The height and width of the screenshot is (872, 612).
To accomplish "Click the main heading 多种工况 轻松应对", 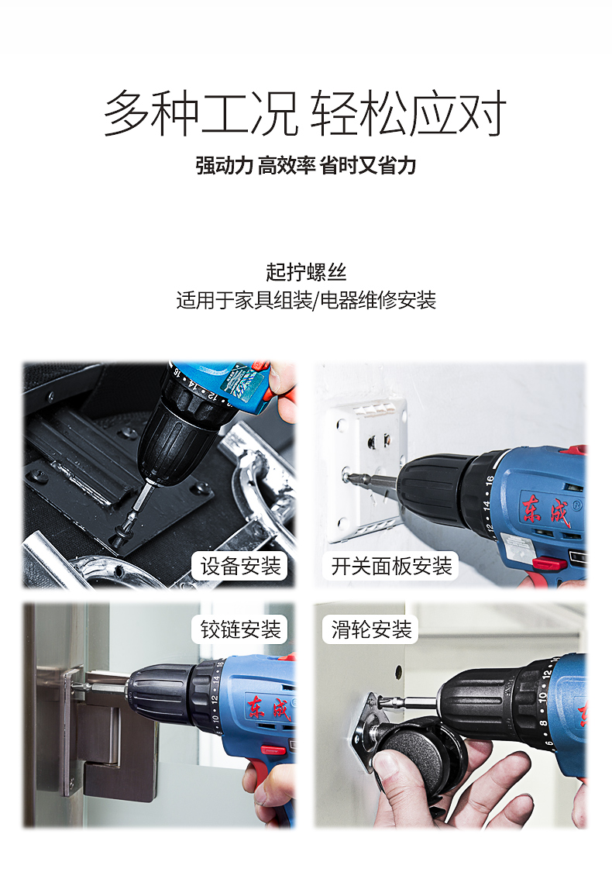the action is coord(305,113).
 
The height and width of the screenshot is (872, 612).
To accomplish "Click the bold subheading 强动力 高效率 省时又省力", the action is coord(306,166).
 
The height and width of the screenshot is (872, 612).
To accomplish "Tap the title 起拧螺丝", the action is coord(306,272).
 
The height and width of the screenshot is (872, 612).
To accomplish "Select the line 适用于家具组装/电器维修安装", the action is coord(306,300).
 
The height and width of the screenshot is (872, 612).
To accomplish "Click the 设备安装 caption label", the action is coord(240,566).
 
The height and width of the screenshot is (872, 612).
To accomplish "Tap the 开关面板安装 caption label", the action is coord(391,566).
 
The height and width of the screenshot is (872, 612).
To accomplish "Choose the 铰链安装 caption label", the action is coord(240,629).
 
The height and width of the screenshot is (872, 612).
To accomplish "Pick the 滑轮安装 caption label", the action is coord(371,629).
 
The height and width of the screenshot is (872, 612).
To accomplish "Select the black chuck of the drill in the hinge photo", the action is coord(158,692).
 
